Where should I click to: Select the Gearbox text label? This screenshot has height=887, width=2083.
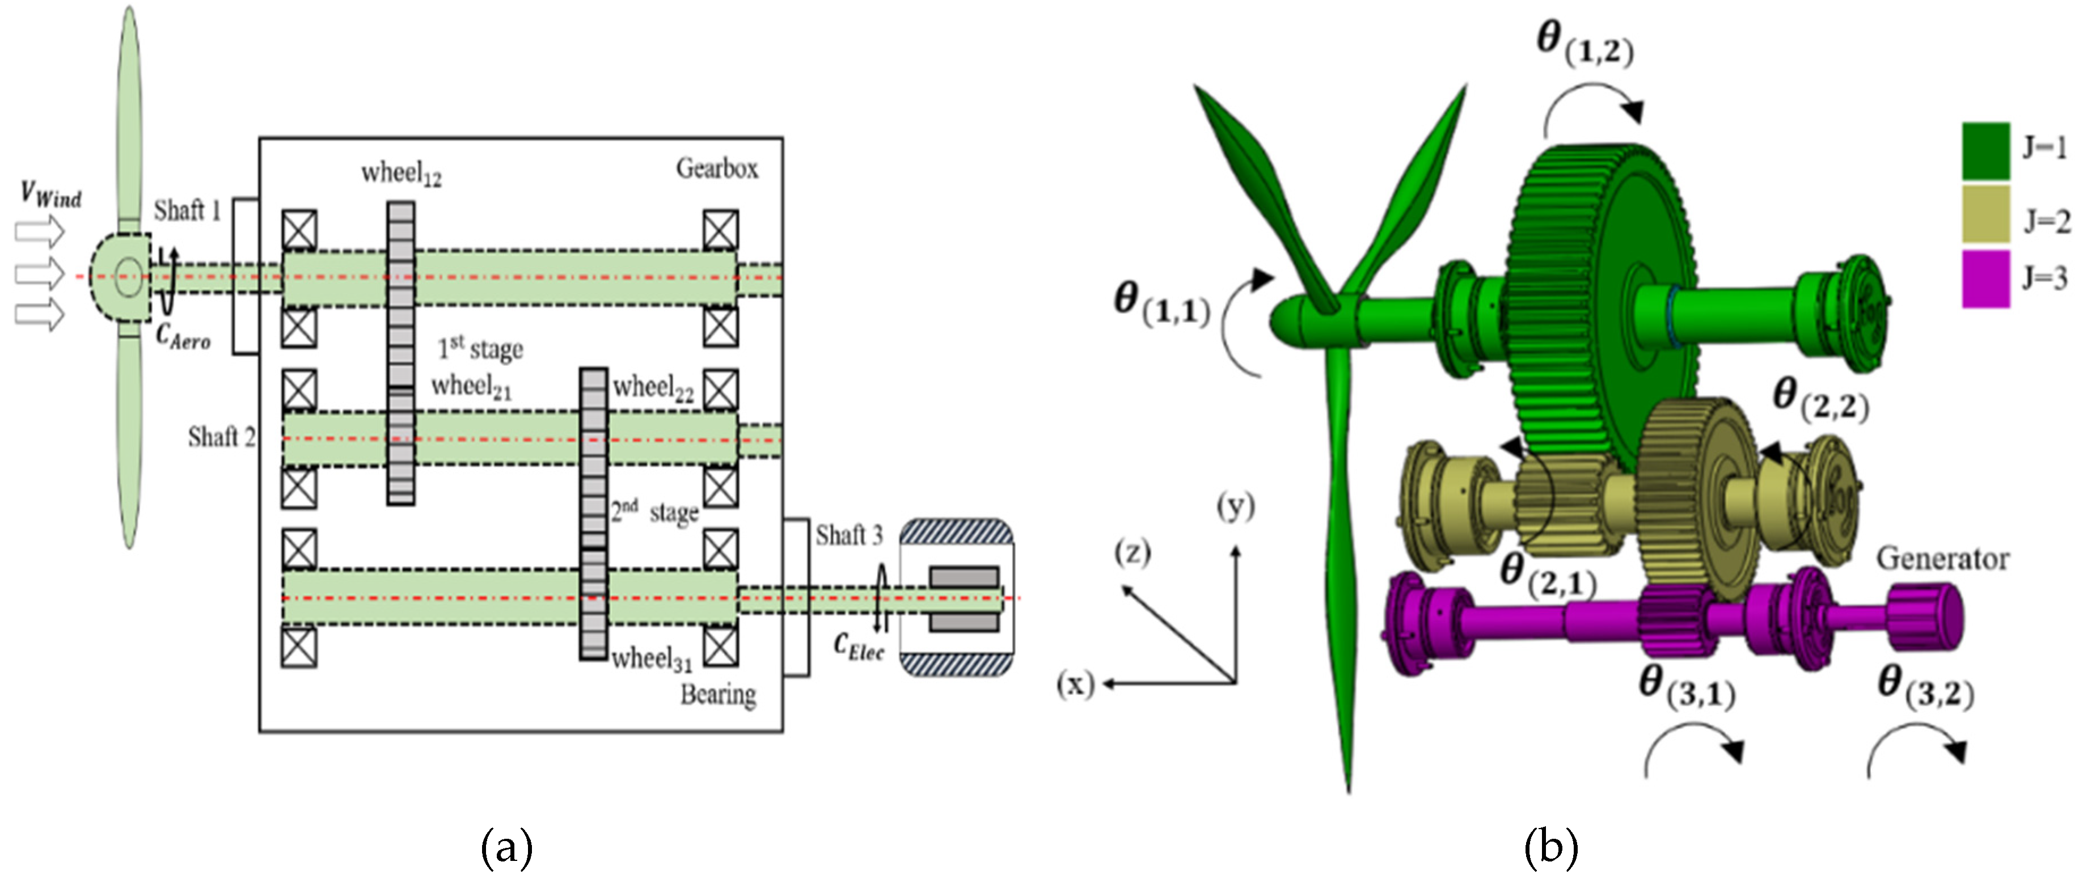pos(717,168)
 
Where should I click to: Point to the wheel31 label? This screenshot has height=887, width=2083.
pos(652,660)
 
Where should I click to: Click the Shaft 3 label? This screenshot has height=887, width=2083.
pos(849,535)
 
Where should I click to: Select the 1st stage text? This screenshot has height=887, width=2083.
pos(480,348)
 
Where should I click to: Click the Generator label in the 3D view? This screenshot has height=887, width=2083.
pos(1942,559)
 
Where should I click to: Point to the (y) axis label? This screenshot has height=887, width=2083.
pos(1236,508)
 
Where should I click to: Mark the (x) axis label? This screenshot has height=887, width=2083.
pos(1075,684)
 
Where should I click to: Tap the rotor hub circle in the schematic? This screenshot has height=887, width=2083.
pos(127,277)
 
